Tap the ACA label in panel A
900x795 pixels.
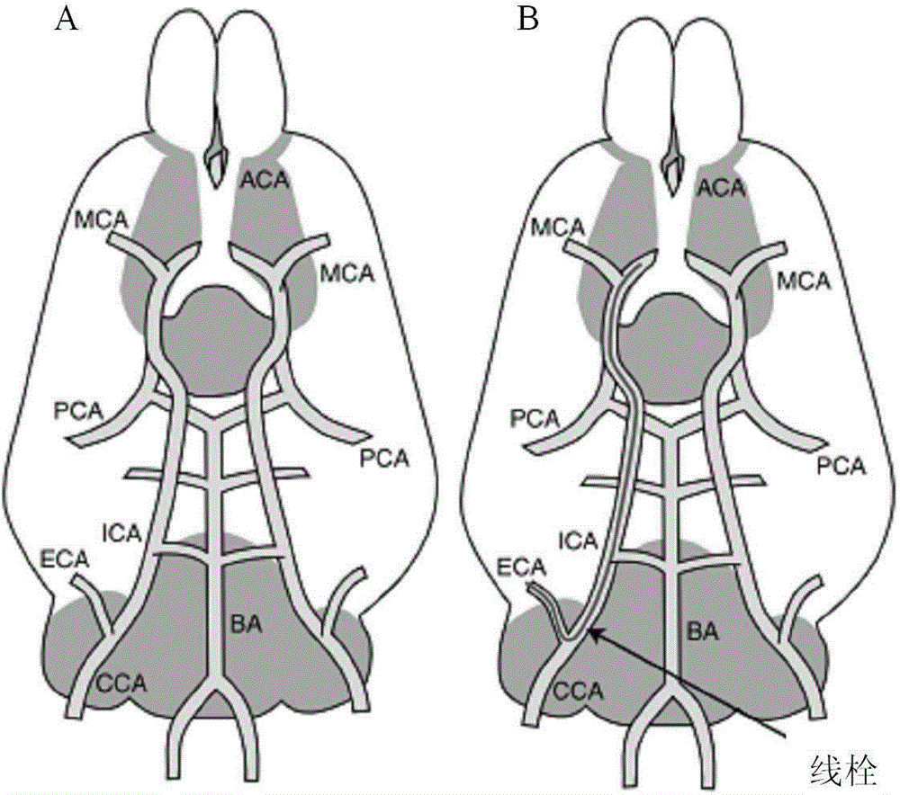pyautogui.click(x=264, y=182)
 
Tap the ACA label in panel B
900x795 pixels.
pyautogui.click(x=721, y=188)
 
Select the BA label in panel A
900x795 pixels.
pyautogui.click(x=246, y=625)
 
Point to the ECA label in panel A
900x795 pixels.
pyautogui.click(x=65, y=558)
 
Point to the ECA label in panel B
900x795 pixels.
pyautogui.click(x=520, y=567)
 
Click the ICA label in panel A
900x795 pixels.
pyautogui.click(x=121, y=533)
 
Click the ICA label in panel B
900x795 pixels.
pyautogui.click(x=579, y=540)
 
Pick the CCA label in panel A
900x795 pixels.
pyautogui.click(x=121, y=683)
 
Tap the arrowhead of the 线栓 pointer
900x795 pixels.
pyautogui.click(x=592, y=630)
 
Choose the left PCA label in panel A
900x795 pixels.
pyautogui.click(x=78, y=411)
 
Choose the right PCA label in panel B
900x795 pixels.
pyautogui.click(x=841, y=466)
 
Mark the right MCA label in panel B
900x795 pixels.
pyautogui.click(x=804, y=281)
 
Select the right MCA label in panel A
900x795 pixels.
pyautogui.click(x=346, y=272)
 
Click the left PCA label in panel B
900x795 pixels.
pyautogui.click(x=535, y=419)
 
